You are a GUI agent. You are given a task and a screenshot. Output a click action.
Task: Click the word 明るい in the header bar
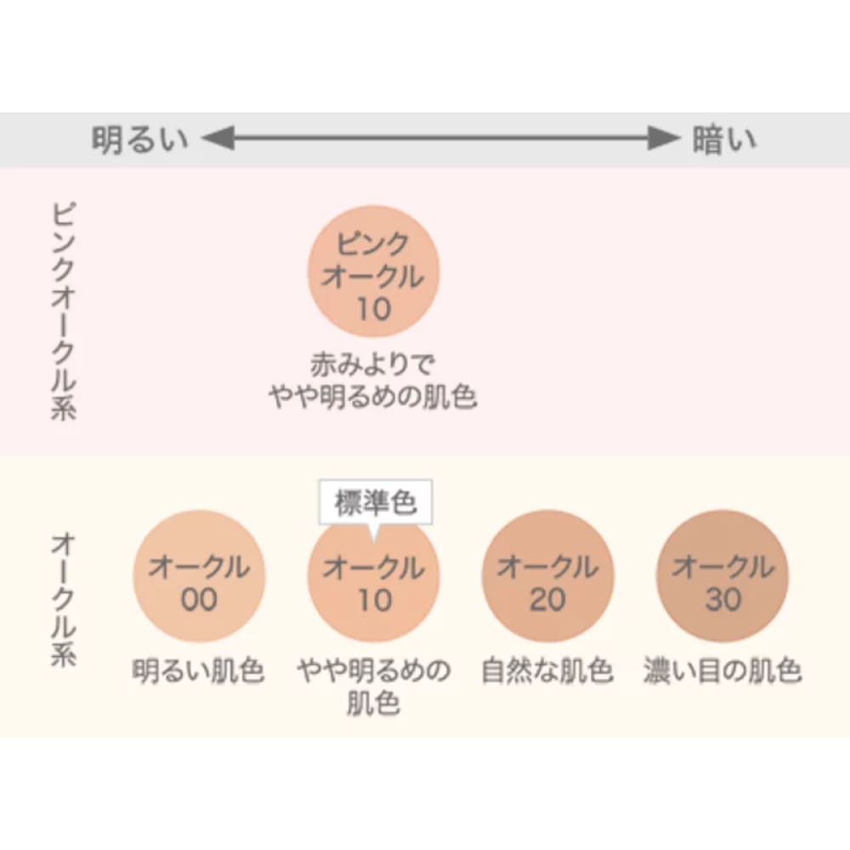139,139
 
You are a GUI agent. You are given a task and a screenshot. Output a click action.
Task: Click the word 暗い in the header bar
723,139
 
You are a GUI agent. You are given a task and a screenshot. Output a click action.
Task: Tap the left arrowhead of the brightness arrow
217,139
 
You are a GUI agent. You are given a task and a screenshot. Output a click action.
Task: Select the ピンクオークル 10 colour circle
373,271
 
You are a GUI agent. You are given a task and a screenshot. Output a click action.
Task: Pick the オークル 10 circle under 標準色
373,575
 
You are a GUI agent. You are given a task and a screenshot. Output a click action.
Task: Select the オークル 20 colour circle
547,575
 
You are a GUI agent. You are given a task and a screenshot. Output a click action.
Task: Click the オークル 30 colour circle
722,575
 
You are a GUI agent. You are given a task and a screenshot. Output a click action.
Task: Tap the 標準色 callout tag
376,503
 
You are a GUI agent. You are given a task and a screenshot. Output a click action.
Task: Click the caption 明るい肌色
199,671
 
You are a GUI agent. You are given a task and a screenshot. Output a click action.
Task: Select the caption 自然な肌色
547,671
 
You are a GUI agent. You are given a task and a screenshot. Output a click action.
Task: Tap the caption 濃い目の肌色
722,671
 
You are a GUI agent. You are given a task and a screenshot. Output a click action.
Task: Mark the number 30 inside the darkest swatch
722,599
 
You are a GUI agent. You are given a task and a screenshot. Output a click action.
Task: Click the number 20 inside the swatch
547,599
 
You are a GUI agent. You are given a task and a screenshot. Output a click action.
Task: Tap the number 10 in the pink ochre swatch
373,309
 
